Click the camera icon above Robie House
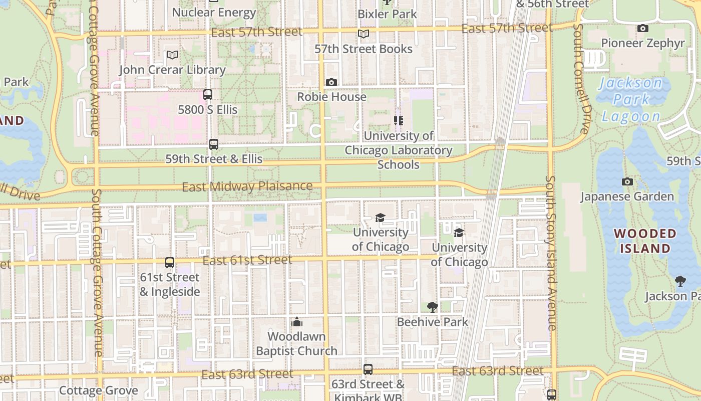(331, 82)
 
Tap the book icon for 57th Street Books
(364, 34)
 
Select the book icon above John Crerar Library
(172, 55)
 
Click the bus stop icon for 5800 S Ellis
(208, 94)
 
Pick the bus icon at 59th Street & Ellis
(214, 144)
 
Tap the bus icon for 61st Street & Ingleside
(170, 262)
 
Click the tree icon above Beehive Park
(432, 307)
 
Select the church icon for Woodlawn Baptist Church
(297, 321)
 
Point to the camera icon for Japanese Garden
(627, 181)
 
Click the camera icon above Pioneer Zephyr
(643, 29)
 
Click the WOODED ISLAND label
(645, 241)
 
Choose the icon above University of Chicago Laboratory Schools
(399, 121)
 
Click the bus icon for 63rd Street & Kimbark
(368, 369)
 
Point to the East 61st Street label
(247, 260)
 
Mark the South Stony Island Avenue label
(551, 253)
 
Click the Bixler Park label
(387, 14)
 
